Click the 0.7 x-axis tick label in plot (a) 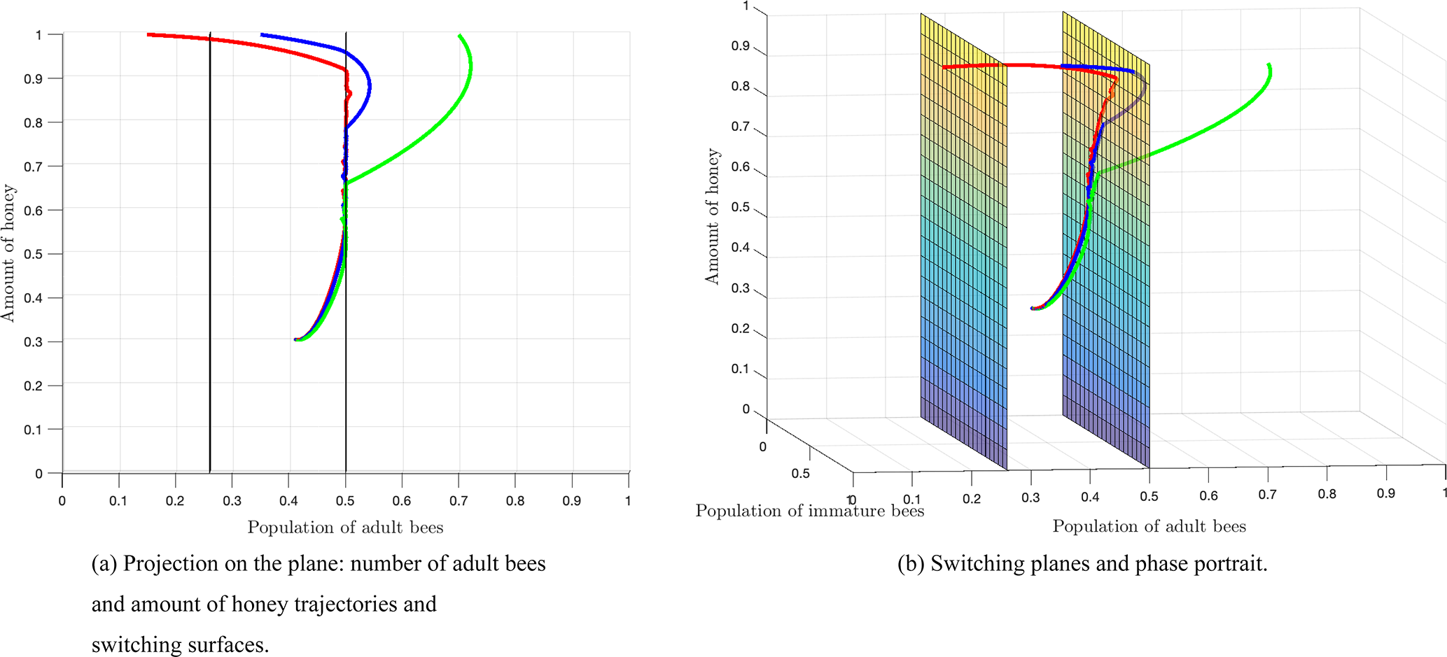(459, 501)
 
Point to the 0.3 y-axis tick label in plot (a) (34, 342)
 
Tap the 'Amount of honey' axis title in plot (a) (8, 253)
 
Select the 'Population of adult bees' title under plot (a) (345, 528)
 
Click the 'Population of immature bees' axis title (809, 511)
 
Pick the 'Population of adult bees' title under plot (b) (1149, 526)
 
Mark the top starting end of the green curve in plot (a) (459, 35)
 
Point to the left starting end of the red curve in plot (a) (149, 34)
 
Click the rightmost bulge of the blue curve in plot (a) (369, 87)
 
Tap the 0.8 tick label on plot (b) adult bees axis (1327, 494)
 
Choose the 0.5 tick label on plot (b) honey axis (740, 208)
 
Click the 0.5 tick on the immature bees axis (800, 474)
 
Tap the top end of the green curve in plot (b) (1268, 65)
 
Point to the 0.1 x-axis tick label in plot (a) (118, 501)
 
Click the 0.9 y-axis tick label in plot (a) (34, 78)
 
